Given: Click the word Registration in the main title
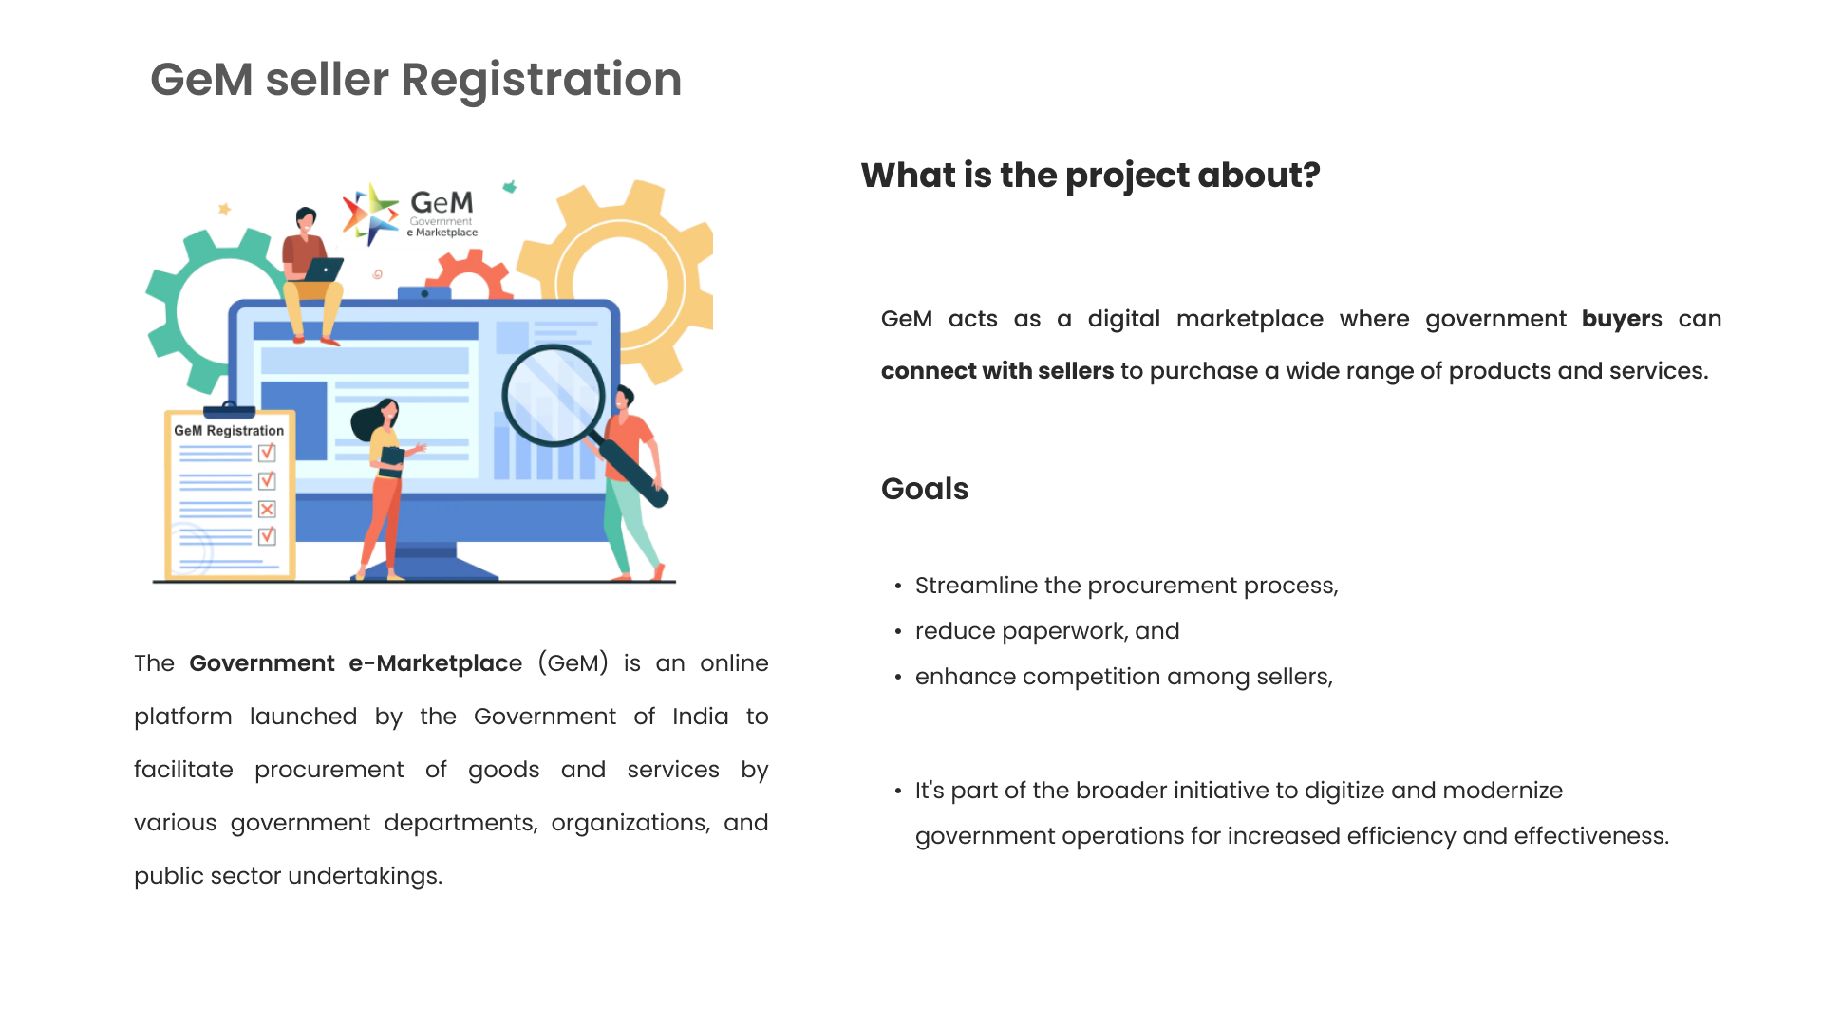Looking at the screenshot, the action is (541, 80).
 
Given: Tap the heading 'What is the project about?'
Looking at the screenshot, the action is (1090, 176).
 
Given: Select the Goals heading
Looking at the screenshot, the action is (924, 489).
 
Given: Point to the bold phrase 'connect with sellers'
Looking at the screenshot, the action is (997, 371).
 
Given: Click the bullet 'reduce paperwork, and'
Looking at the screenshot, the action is (1046, 631).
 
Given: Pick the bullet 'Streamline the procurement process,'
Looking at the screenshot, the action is (1126, 586).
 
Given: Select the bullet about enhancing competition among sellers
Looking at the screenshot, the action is (1123, 677).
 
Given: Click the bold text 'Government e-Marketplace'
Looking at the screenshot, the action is (354, 663).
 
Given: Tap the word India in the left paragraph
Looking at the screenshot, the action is (700, 717).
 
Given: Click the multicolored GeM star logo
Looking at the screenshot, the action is (370, 214).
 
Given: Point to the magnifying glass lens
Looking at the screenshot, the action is (553, 396).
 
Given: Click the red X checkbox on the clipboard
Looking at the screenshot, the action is (267, 510).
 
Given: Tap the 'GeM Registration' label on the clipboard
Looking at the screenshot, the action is (229, 431).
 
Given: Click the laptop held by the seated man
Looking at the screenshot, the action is (323, 270).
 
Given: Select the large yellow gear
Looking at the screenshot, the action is (622, 282).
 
